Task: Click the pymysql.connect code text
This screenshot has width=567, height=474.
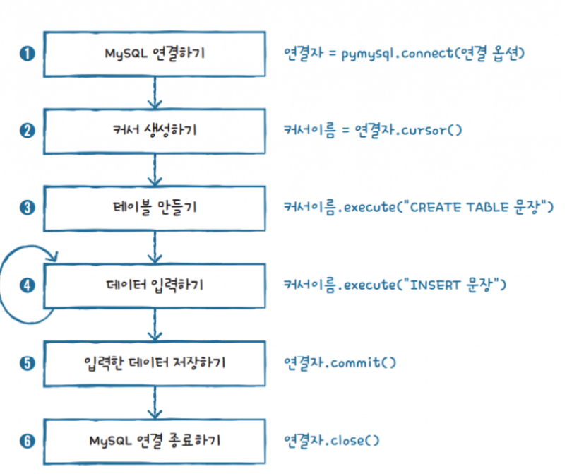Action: click(x=403, y=54)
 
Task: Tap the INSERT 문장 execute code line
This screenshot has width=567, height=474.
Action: click(x=395, y=285)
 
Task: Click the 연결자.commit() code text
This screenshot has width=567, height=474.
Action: click(x=340, y=363)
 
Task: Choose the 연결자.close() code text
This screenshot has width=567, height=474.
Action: click(x=332, y=441)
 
